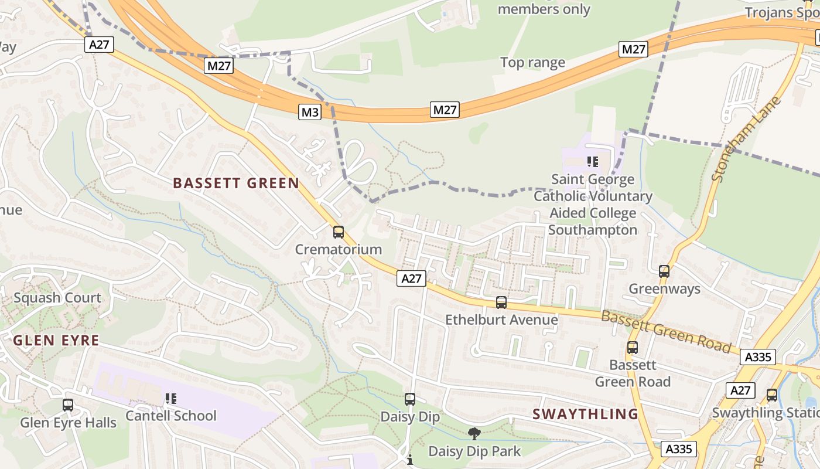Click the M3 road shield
click(x=310, y=112)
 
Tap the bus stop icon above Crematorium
click(x=339, y=232)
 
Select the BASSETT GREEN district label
click(x=236, y=183)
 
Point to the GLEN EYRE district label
click(x=56, y=340)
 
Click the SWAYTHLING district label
click(x=585, y=414)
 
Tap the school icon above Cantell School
click(x=171, y=399)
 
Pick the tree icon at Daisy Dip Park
click(x=474, y=434)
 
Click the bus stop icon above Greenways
click(x=664, y=271)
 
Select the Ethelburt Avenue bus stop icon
click(x=501, y=303)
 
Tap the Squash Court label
click(x=57, y=298)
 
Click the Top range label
click(x=532, y=63)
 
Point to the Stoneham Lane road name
click(x=746, y=140)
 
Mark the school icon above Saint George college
click(x=593, y=161)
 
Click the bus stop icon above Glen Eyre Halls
click(x=68, y=405)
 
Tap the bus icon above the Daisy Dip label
click(x=410, y=399)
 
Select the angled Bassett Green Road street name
click(x=667, y=332)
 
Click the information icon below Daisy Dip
click(x=410, y=460)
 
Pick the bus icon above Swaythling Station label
click(x=772, y=395)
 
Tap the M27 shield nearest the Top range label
click(x=633, y=49)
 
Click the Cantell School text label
click(x=171, y=416)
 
